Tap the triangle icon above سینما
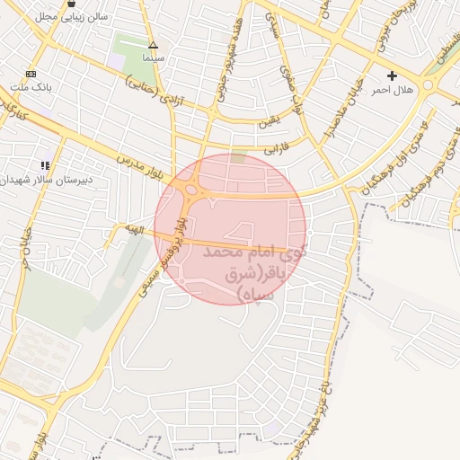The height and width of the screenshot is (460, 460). point(153,44)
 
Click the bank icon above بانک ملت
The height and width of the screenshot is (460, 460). point(31,74)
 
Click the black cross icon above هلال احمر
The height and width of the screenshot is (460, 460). point(392,75)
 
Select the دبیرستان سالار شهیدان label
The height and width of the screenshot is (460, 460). point(45,180)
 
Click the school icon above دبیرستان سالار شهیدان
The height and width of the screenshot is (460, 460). point(46,165)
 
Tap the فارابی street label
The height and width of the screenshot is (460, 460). point(272,142)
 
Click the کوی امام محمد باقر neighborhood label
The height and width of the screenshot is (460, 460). point(256,269)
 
